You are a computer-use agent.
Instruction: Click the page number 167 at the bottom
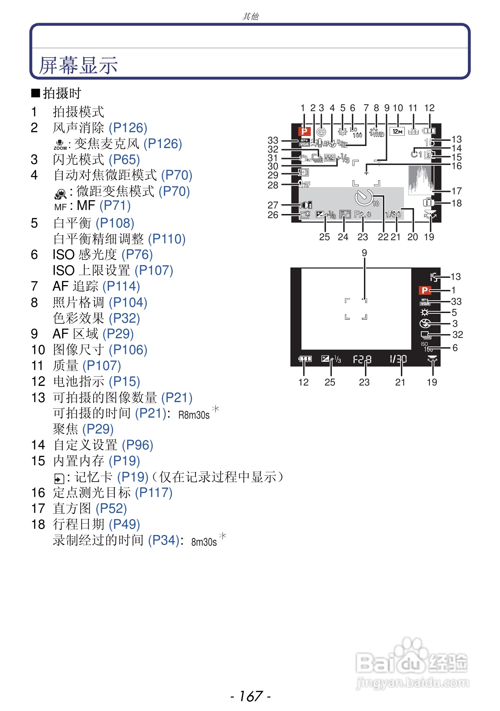[251, 696]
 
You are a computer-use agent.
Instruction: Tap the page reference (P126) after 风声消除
[128, 128]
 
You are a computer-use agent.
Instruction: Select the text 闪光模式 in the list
[78, 159]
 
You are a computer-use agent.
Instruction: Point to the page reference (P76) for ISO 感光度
[137, 254]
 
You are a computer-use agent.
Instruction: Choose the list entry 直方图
[72, 508]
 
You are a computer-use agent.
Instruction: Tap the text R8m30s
[194, 415]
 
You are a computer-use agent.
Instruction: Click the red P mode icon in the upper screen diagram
[304, 131]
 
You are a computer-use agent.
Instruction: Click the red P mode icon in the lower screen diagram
[425, 290]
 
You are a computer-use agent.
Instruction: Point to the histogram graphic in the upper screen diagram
[420, 179]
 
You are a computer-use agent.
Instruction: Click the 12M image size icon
[397, 132]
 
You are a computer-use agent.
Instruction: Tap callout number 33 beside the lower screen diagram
[456, 301]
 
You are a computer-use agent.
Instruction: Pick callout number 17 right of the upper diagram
[456, 191]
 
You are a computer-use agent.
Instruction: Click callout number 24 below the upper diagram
[343, 237]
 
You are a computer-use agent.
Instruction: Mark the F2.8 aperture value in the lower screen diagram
[362, 360]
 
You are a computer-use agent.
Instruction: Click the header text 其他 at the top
[250, 16]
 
